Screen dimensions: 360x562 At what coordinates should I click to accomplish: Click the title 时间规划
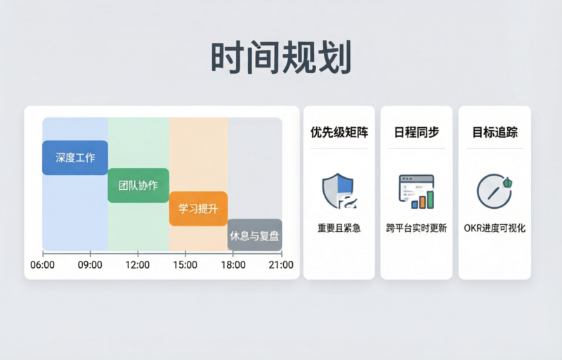pyautogui.click(x=280, y=58)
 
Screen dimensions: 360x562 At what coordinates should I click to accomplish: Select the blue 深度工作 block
pyautogui.click(x=75, y=157)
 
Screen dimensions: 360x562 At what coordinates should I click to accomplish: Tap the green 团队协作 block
pyautogui.click(x=138, y=186)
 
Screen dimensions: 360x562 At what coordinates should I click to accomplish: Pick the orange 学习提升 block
pyautogui.click(x=198, y=209)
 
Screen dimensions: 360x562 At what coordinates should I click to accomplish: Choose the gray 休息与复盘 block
pyautogui.click(x=254, y=236)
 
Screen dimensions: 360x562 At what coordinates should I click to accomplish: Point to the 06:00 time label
pyautogui.click(x=43, y=265)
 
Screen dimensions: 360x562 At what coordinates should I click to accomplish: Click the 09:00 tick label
pyautogui.click(x=90, y=265)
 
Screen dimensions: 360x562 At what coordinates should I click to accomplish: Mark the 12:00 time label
pyautogui.click(x=138, y=265)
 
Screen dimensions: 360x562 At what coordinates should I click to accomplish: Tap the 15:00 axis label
pyautogui.click(x=185, y=265)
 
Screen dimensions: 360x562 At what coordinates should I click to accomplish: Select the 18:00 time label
pyautogui.click(x=233, y=265)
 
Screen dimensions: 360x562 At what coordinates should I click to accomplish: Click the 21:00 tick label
pyautogui.click(x=281, y=265)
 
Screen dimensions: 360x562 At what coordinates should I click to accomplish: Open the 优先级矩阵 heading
pyautogui.click(x=339, y=131)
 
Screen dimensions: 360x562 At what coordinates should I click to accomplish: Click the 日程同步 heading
pyautogui.click(x=417, y=131)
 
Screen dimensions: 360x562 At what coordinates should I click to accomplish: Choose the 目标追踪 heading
pyautogui.click(x=495, y=131)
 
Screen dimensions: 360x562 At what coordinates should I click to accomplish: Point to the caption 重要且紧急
pyautogui.click(x=339, y=228)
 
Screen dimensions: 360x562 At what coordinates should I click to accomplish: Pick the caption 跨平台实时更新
pyautogui.click(x=417, y=228)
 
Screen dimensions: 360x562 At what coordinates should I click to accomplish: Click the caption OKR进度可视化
pyautogui.click(x=495, y=228)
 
